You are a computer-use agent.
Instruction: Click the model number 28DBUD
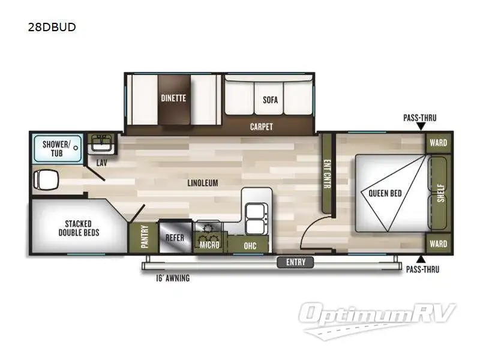(x=52, y=27)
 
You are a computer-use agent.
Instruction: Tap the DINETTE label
(x=173, y=98)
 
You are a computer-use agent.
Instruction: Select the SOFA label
(x=270, y=100)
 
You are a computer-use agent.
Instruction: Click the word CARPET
(x=261, y=127)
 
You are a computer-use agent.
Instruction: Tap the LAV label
(x=103, y=163)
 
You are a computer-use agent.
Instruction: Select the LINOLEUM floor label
(x=201, y=182)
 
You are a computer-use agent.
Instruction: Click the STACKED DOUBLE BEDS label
(x=79, y=228)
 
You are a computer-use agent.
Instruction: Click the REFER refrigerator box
(x=174, y=238)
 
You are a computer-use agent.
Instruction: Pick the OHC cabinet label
(x=250, y=245)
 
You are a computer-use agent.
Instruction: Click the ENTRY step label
(x=295, y=262)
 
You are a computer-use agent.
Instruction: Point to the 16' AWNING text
(x=173, y=278)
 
